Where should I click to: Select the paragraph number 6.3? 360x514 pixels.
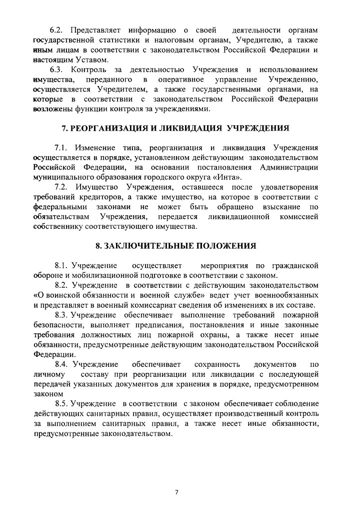tap(61, 69)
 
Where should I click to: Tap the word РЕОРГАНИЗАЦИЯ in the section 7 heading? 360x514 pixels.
tap(105, 128)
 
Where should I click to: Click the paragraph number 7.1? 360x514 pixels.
tap(63, 149)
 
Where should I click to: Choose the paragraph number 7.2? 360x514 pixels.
tap(63, 187)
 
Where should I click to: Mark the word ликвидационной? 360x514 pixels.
tap(235, 217)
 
